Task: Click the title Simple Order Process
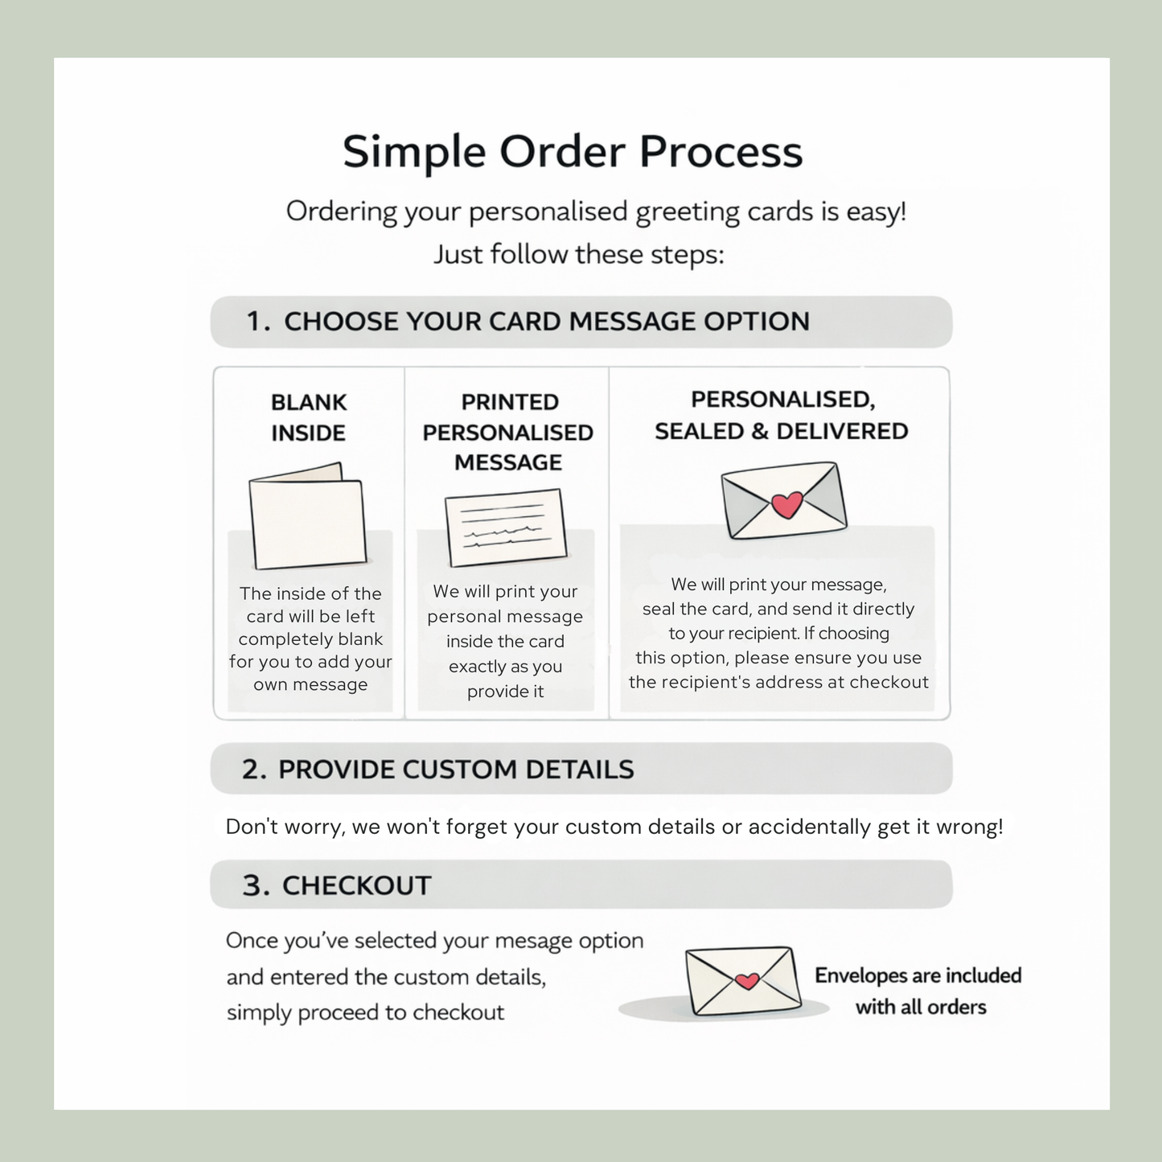[x=573, y=152]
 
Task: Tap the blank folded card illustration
[x=307, y=516]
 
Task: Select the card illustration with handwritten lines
[x=506, y=528]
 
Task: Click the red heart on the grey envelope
[x=787, y=504]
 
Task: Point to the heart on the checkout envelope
[x=747, y=981]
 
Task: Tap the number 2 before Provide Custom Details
[x=254, y=770]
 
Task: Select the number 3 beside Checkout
[x=256, y=886]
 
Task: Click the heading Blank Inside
[x=309, y=417]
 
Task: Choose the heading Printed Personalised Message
[x=507, y=432]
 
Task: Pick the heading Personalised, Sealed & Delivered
[x=782, y=415]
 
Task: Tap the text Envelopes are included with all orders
[x=918, y=992]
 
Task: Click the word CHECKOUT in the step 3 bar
[x=357, y=886]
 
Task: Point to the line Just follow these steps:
[x=579, y=254]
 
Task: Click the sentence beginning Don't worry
[x=614, y=827]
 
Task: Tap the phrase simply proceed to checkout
[x=365, y=1012]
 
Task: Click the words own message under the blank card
[x=310, y=684]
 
